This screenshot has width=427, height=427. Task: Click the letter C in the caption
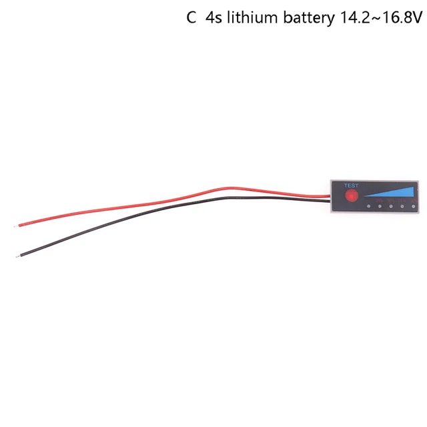[x=191, y=18]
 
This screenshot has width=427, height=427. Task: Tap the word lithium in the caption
[x=253, y=18]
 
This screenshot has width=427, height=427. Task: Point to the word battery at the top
[x=306, y=18]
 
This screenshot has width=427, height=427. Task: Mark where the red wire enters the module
[x=330, y=195]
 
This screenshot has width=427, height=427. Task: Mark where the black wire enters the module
[x=330, y=199]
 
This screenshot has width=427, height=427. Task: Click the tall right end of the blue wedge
[x=412, y=192]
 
